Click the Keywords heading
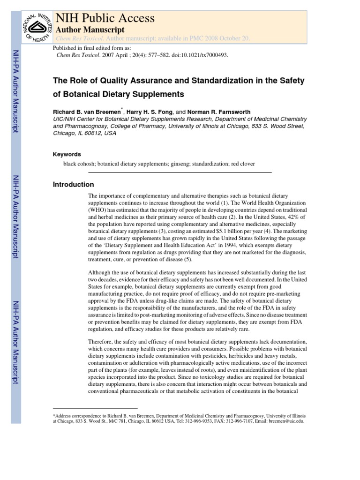click(x=67, y=154)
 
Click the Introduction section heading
click(x=74, y=185)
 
